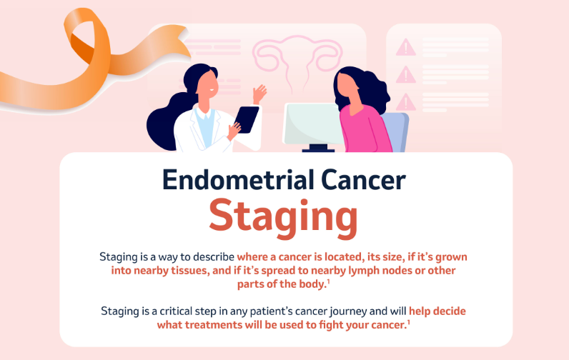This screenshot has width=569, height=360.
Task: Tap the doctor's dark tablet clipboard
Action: (x=247, y=119)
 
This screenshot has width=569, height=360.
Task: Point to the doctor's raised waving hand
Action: (x=259, y=94)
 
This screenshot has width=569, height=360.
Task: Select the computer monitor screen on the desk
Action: (x=312, y=124)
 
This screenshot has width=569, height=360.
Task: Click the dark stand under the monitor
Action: (x=318, y=148)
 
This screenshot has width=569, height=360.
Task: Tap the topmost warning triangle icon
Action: (x=406, y=47)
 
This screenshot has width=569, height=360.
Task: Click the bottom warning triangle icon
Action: (x=406, y=102)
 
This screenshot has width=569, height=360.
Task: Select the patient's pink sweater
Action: (x=365, y=129)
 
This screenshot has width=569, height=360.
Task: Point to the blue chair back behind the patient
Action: (x=398, y=131)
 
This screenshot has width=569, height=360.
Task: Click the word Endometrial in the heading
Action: (x=238, y=180)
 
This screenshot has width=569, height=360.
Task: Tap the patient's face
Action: (x=347, y=86)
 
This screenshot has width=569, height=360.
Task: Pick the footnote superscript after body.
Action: (x=328, y=281)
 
